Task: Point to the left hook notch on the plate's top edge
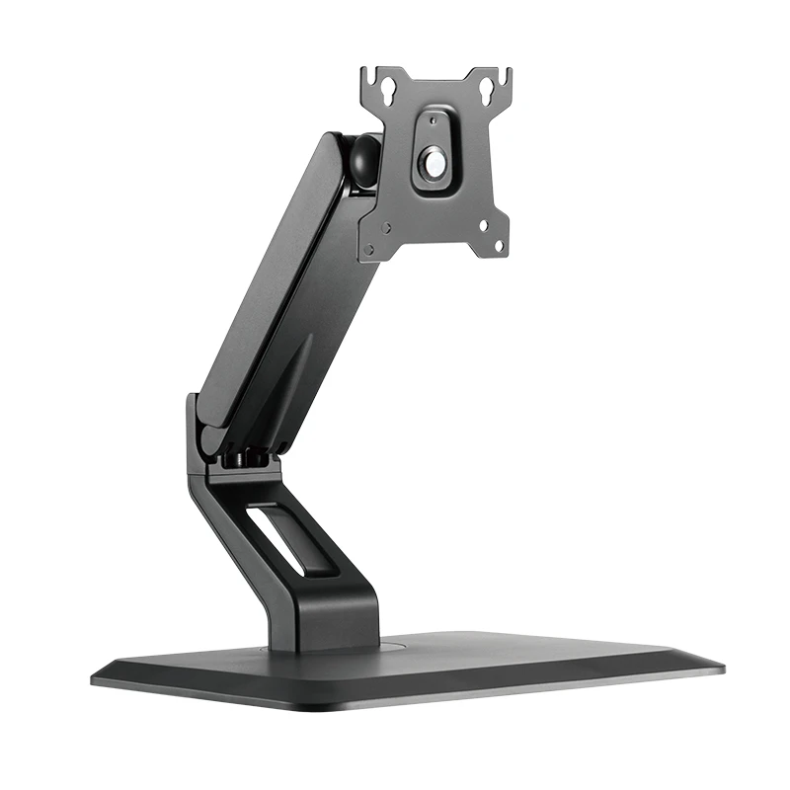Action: click(x=368, y=73)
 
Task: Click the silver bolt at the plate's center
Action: click(x=434, y=162)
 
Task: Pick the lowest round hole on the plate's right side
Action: click(x=498, y=244)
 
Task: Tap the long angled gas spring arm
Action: click(x=276, y=286)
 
